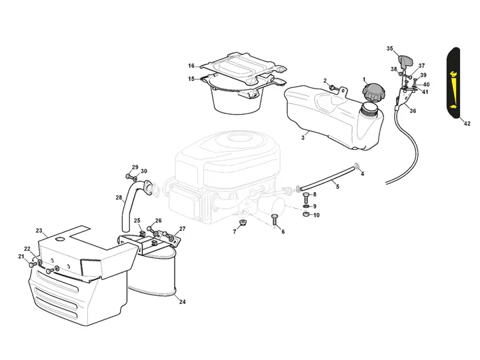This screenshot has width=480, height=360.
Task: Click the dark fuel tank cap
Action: [373, 93]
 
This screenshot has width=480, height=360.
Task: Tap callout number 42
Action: [467, 124]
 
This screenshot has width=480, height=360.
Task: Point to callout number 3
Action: [303, 137]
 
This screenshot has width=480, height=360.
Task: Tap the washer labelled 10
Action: [306, 215]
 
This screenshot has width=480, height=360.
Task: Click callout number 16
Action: [191, 66]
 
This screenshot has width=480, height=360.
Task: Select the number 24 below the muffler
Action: [182, 302]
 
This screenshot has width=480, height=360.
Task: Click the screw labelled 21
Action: [33, 264]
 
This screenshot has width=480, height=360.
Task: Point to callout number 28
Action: [119, 197]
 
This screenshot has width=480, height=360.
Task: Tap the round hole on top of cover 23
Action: [61, 239]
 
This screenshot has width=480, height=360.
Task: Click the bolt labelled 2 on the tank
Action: [332, 87]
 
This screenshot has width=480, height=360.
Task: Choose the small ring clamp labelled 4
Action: [357, 166]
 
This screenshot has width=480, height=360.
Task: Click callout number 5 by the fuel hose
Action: [337, 187]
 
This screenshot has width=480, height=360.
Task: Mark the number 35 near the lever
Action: [390, 49]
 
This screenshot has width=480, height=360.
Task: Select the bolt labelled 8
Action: [306, 196]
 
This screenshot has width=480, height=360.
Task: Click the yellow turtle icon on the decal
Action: [452, 107]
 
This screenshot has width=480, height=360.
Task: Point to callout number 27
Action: [182, 229]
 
